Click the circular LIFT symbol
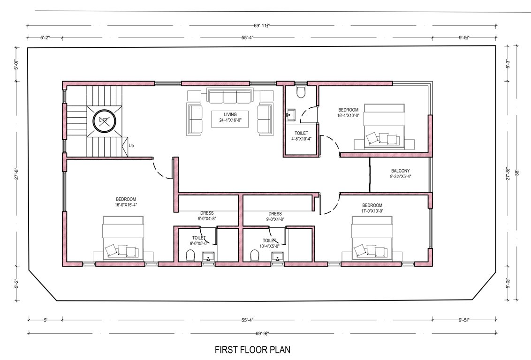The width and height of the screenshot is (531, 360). pyautogui.click(x=103, y=120)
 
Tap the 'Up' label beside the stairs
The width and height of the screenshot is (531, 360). pyautogui.click(x=131, y=146)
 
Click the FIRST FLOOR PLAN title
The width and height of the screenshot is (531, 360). pyautogui.click(x=253, y=350)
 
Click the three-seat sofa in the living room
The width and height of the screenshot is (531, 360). pyautogui.click(x=230, y=97)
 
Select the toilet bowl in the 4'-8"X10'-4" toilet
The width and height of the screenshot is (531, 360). pyautogui.click(x=301, y=92)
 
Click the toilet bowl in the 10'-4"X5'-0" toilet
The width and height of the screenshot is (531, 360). pyautogui.click(x=255, y=255)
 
